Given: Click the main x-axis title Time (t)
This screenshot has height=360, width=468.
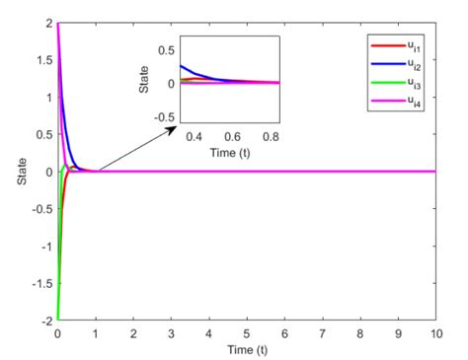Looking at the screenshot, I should click(x=247, y=349).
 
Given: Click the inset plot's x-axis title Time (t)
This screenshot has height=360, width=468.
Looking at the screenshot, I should click(x=230, y=153).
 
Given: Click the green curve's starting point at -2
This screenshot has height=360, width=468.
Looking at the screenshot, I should click(x=58, y=320).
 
